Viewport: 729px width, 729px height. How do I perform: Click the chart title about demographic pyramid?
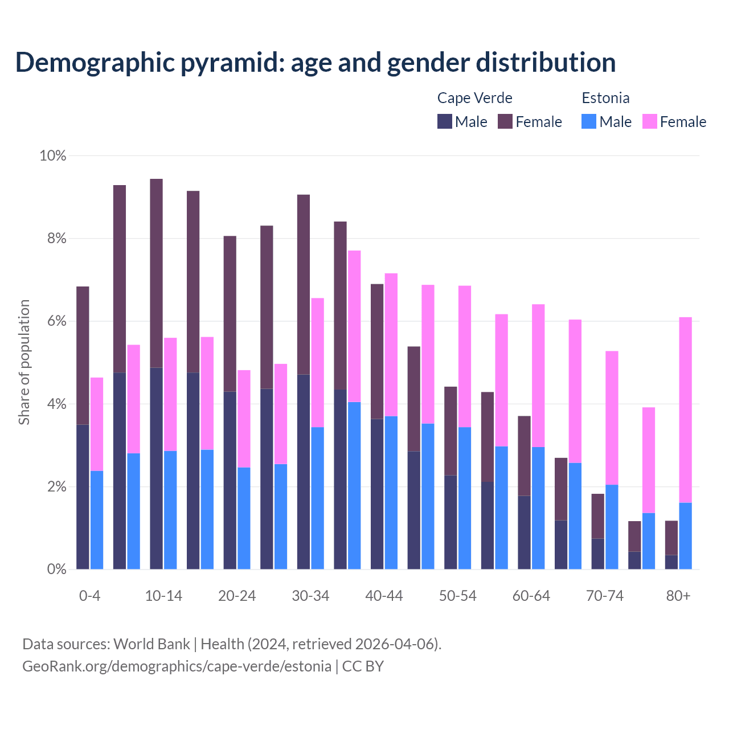click(316, 62)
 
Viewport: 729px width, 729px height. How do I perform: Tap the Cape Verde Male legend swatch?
click(445, 121)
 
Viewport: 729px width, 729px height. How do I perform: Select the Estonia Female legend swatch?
click(650, 121)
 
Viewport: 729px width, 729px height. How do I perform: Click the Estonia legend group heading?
click(605, 98)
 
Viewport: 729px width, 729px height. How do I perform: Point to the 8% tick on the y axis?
click(53, 239)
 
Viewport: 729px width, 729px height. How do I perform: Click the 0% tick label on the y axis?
click(53, 570)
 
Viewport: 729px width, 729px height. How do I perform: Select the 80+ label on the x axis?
click(678, 596)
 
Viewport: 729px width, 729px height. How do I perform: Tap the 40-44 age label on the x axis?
click(384, 596)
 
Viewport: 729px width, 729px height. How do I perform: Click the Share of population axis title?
click(24, 362)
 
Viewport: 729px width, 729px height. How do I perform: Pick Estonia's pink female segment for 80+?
click(686, 410)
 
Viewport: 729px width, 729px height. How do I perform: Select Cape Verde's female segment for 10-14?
click(157, 273)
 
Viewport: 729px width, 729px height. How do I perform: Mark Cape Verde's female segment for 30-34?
click(304, 285)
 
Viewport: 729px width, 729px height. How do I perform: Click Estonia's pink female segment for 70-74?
click(612, 418)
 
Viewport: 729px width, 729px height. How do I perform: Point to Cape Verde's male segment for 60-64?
click(524, 533)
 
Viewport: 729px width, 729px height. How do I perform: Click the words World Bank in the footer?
click(151, 644)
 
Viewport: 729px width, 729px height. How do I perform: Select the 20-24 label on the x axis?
click(237, 596)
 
